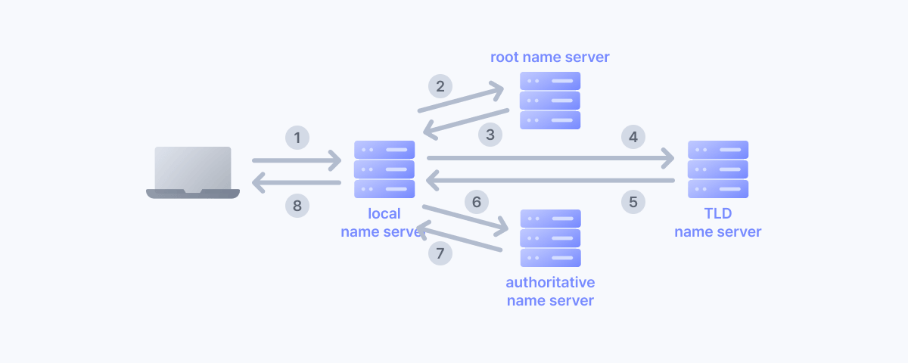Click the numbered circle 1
[x=297, y=138]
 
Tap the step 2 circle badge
[x=440, y=85]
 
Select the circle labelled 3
[x=490, y=135]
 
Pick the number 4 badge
[x=633, y=138]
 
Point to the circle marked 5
[x=633, y=202]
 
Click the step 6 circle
[x=476, y=202]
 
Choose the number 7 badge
[x=440, y=253]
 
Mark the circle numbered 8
[x=297, y=204]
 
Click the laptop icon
[x=193, y=172]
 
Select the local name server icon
[x=384, y=169]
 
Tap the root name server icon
[x=550, y=101]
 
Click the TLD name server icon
[x=718, y=169]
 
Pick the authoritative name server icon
[x=550, y=238]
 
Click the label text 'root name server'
[x=550, y=57]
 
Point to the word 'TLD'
[x=718, y=214]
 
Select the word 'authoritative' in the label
[x=550, y=283]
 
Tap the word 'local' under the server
[x=384, y=214]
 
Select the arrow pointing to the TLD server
[x=550, y=158]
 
